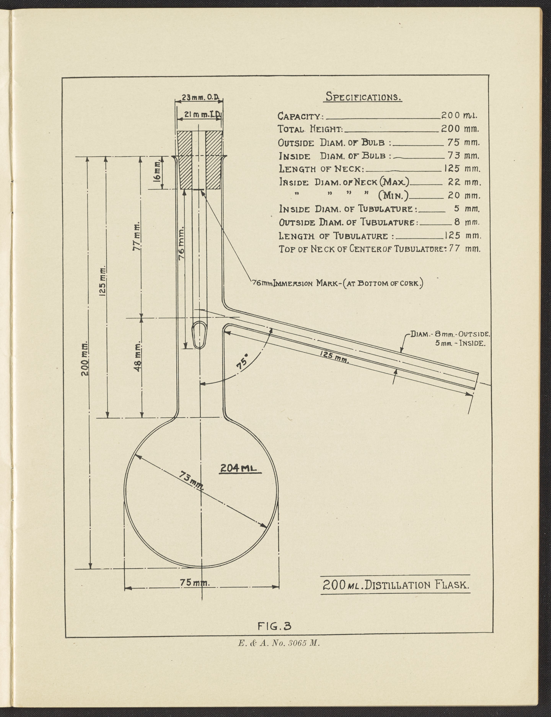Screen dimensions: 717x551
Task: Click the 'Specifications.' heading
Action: (x=363, y=97)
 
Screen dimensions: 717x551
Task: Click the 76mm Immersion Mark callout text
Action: (x=337, y=283)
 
